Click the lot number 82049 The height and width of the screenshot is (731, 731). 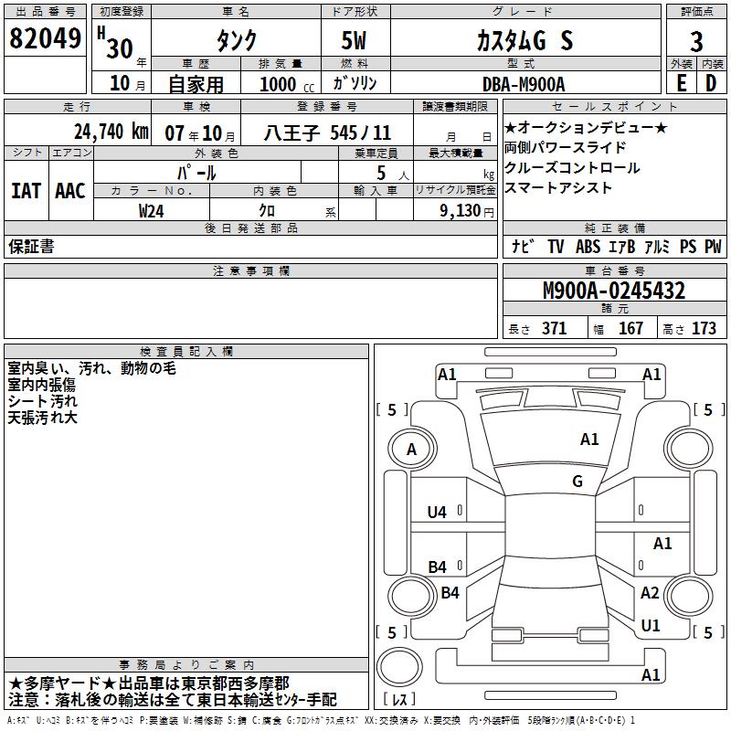[x=45, y=39]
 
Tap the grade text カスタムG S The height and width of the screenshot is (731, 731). [x=524, y=40]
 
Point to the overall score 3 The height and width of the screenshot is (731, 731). [x=696, y=41]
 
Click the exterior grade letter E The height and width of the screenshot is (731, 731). [x=681, y=83]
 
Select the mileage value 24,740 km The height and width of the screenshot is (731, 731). [x=111, y=132]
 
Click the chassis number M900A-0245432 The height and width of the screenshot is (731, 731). [x=614, y=291]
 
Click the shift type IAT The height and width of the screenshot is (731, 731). [x=26, y=191]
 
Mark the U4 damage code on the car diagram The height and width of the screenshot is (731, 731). [x=437, y=513]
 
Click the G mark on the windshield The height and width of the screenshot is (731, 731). [x=577, y=482]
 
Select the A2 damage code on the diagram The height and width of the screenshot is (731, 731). [x=650, y=593]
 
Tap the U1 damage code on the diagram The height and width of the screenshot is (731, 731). [x=651, y=626]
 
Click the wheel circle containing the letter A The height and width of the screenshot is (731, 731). [x=411, y=449]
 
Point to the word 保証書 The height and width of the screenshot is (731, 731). [x=31, y=247]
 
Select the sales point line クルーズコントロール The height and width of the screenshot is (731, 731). [x=572, y=168]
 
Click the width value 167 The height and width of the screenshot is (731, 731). [x=630, y=329]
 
